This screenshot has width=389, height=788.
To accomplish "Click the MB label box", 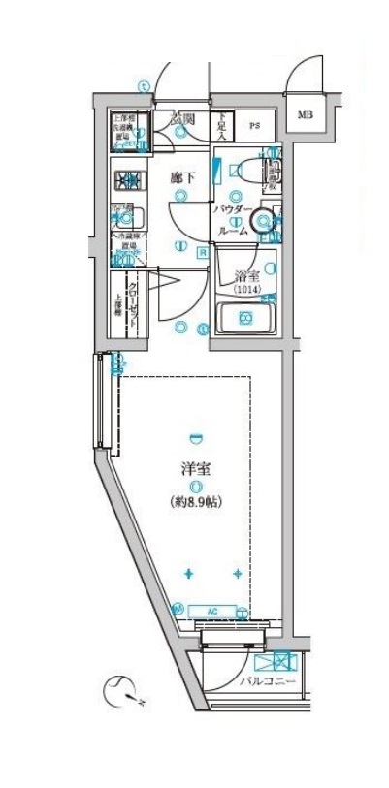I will (306, 115).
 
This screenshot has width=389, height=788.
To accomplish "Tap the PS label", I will (256, 125).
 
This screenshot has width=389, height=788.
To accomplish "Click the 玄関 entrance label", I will (182, 120).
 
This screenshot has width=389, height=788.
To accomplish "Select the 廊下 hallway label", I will (180, 178).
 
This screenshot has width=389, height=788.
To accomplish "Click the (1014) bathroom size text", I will (247, 289).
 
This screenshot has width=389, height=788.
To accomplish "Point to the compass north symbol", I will (120, 691).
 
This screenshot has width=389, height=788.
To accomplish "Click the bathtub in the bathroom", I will (246, 318).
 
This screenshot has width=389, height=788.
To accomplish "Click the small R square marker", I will (202, 253).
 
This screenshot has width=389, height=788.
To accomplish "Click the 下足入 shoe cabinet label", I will (221, 125).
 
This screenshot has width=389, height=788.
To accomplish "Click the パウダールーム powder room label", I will (234, 220).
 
